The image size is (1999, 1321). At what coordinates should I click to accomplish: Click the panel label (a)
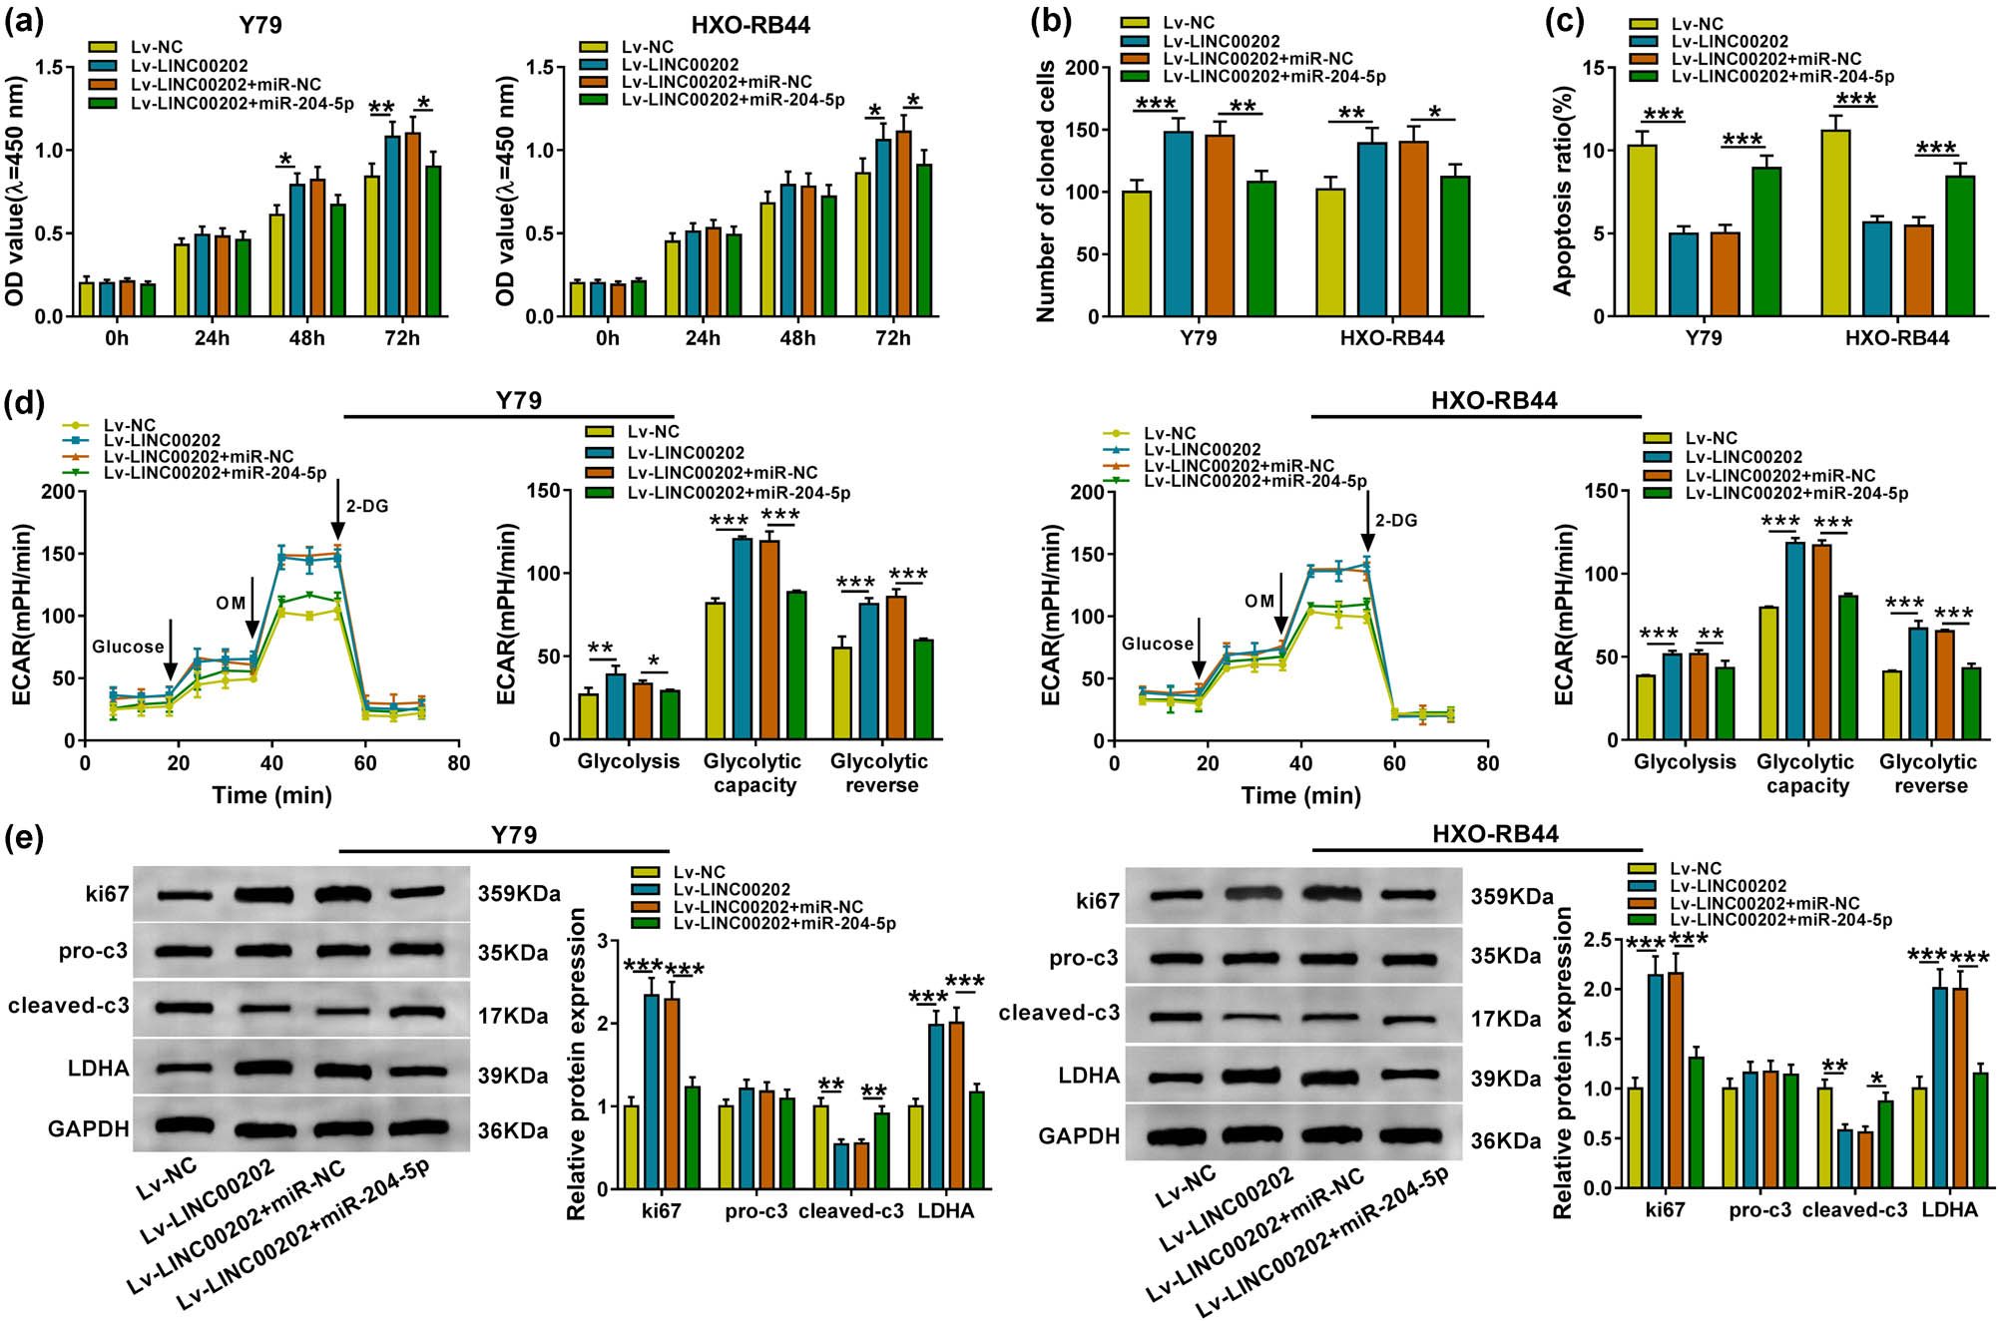(x=24, y=22)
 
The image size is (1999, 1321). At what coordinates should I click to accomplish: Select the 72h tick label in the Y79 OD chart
(x=401, y=338)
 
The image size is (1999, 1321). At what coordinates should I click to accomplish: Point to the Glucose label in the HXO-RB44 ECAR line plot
(x=1157, y=644)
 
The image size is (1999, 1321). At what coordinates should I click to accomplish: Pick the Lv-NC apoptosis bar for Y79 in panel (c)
(x=1642, y=230)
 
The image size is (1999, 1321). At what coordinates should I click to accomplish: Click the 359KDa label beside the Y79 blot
(x=518, y=893)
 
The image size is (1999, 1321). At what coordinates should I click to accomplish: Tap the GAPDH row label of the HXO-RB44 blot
(x=1079, y=1135)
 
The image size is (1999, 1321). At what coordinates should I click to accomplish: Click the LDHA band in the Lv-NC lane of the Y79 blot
(x=184, y=1069)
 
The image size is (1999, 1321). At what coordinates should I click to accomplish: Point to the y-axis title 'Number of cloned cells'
(x=1046, y=192)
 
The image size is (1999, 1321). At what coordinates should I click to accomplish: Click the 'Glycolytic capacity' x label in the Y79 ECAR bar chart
(x=752, y=773)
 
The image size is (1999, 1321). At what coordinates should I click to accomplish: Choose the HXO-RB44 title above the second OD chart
(x=750, y=25)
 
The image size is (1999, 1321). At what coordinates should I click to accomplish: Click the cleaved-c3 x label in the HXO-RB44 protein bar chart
(x=1853, y=1209)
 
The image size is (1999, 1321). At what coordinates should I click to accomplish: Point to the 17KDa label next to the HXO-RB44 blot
(x=1506, y=1019)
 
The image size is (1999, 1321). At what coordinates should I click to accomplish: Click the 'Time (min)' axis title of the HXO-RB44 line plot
(x=1300, y=795)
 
